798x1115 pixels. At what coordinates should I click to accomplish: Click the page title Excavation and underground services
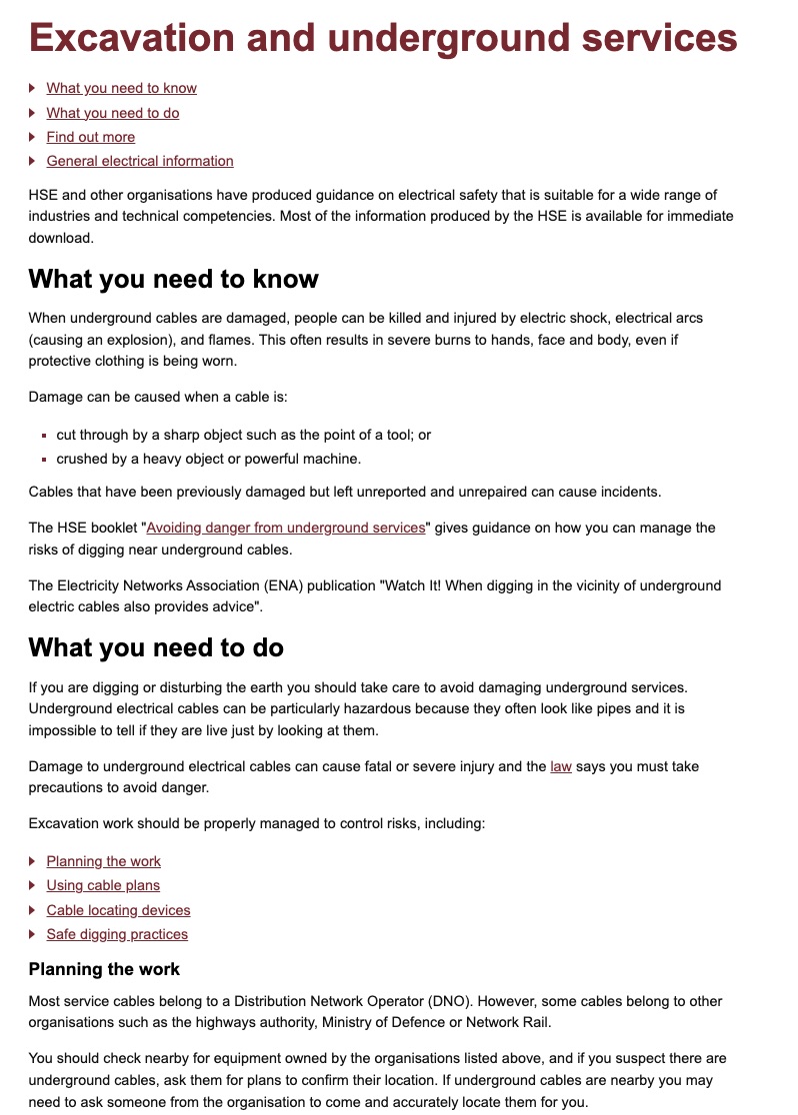[383, 38]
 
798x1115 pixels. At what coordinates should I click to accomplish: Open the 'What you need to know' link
[121, 88]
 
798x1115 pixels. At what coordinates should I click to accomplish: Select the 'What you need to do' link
[112, 113]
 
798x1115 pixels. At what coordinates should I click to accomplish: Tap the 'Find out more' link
[90, 137]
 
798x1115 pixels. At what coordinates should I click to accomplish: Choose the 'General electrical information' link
[139, 161]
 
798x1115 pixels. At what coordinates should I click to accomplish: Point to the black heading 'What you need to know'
[173, 279]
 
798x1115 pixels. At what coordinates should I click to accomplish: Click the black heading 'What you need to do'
[156, 647]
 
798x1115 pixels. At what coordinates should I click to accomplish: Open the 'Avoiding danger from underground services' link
[286, 528]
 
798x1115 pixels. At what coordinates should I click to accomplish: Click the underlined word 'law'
[561, 766]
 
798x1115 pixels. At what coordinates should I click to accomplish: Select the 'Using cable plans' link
[103, 885]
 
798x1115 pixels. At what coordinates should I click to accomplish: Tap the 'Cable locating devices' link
[118, 910]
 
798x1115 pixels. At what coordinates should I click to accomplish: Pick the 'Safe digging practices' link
[117, 934]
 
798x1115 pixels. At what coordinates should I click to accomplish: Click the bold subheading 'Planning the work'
[104, 969]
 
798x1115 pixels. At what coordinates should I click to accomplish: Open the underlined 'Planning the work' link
[103, 861]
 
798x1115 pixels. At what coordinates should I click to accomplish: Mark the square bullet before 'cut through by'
[45, 436]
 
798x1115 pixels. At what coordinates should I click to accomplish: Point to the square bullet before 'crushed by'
[45, 460]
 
